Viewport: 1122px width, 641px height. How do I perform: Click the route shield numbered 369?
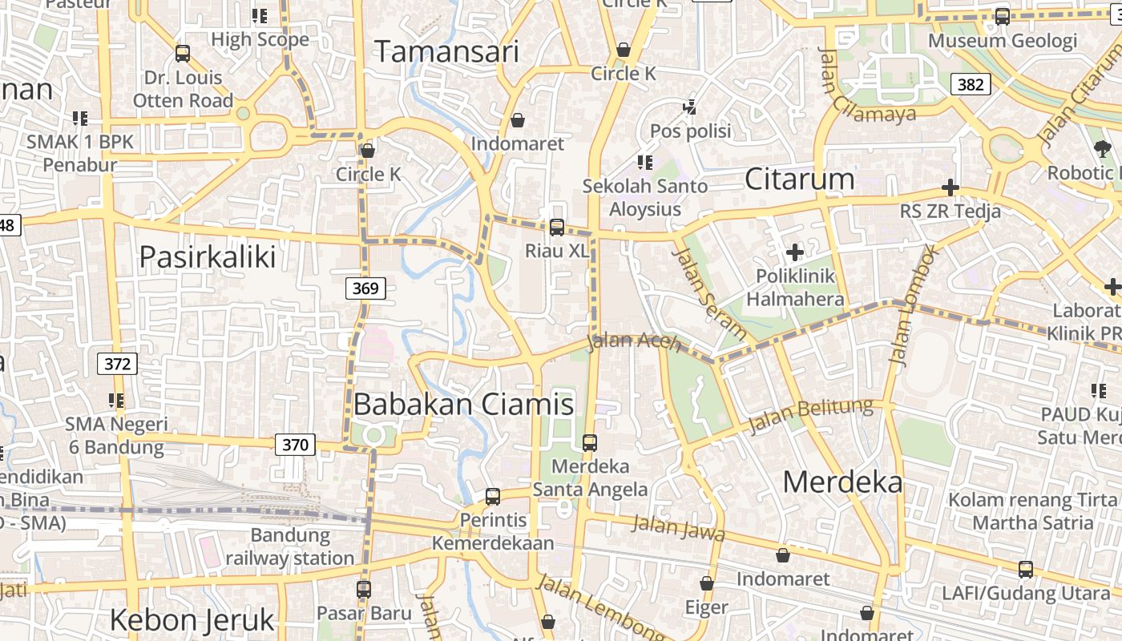(x=365, y=288)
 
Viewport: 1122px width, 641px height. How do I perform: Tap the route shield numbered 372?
(x=117, y=364)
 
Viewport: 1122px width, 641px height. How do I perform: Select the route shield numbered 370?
(x=295, y=445)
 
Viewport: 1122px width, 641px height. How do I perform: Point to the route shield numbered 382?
(x=971, y=84)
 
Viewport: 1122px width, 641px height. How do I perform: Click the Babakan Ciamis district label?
(x=463, y=405)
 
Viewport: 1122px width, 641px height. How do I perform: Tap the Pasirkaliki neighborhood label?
(x=208, y=257)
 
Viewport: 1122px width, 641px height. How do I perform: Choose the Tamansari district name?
(x=447, y=52)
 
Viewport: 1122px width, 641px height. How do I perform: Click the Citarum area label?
(x=799, y=179)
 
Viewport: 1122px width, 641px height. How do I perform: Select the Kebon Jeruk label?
(x=192, y=620)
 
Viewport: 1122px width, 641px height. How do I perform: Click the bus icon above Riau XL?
(x=557, y=228)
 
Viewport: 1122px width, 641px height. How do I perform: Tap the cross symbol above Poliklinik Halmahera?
(x=795, y=253)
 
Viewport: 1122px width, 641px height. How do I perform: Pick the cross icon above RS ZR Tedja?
(x=950, y=188)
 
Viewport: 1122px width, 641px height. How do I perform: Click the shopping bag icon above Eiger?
(x=707, y=583)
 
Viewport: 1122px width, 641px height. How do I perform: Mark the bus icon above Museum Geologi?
(x=1002, y=17)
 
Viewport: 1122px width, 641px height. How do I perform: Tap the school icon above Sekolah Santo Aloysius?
(x=645, y=163)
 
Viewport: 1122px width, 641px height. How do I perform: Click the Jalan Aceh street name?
(x=634, y=341)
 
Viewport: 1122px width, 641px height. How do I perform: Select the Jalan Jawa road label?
(x=678, y=527)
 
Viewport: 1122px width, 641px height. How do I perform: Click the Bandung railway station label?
(x=290, y=546)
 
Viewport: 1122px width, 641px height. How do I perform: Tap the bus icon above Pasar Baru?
(x=364, y=590)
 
